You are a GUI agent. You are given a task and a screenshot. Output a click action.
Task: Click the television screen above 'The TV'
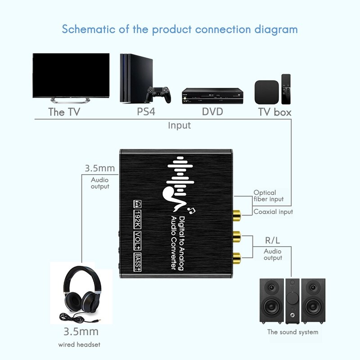(x=71, y=74)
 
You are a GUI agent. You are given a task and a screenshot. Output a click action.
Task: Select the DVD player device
(x=212, y=95)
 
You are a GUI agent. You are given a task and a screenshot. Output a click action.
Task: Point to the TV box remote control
(x=286, y=89)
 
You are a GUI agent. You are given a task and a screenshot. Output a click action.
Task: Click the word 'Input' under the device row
(x=179, y=125)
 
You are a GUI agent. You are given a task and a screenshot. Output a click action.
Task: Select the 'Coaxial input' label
(x=273, y=211)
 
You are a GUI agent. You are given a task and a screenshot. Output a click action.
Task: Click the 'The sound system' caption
(x=292, y=332)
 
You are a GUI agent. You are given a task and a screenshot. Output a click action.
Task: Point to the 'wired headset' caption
(x=79, y=345)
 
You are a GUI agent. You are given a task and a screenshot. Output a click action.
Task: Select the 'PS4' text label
(x=146, y=112)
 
